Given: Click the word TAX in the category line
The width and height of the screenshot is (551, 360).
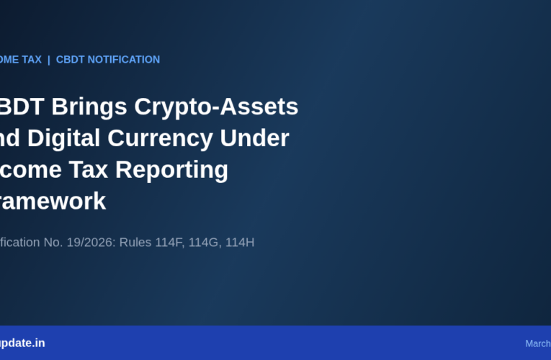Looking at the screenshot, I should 31,60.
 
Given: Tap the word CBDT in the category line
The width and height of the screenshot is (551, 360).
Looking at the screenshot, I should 71,60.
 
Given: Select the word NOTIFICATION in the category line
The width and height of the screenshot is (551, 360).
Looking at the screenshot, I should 124,60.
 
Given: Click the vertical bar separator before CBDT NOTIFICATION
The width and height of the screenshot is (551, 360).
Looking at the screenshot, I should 49,60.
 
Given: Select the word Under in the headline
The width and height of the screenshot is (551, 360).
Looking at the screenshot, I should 261,138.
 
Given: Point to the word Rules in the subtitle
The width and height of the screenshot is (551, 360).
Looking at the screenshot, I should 135,242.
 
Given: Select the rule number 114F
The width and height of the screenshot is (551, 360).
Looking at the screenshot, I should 169,242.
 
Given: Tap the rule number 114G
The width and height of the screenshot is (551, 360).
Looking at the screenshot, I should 204,242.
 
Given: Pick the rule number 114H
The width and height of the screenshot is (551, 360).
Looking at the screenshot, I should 239,242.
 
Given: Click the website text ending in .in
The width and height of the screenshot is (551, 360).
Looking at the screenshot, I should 22,343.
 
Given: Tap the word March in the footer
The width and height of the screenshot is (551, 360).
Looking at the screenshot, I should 538,343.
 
